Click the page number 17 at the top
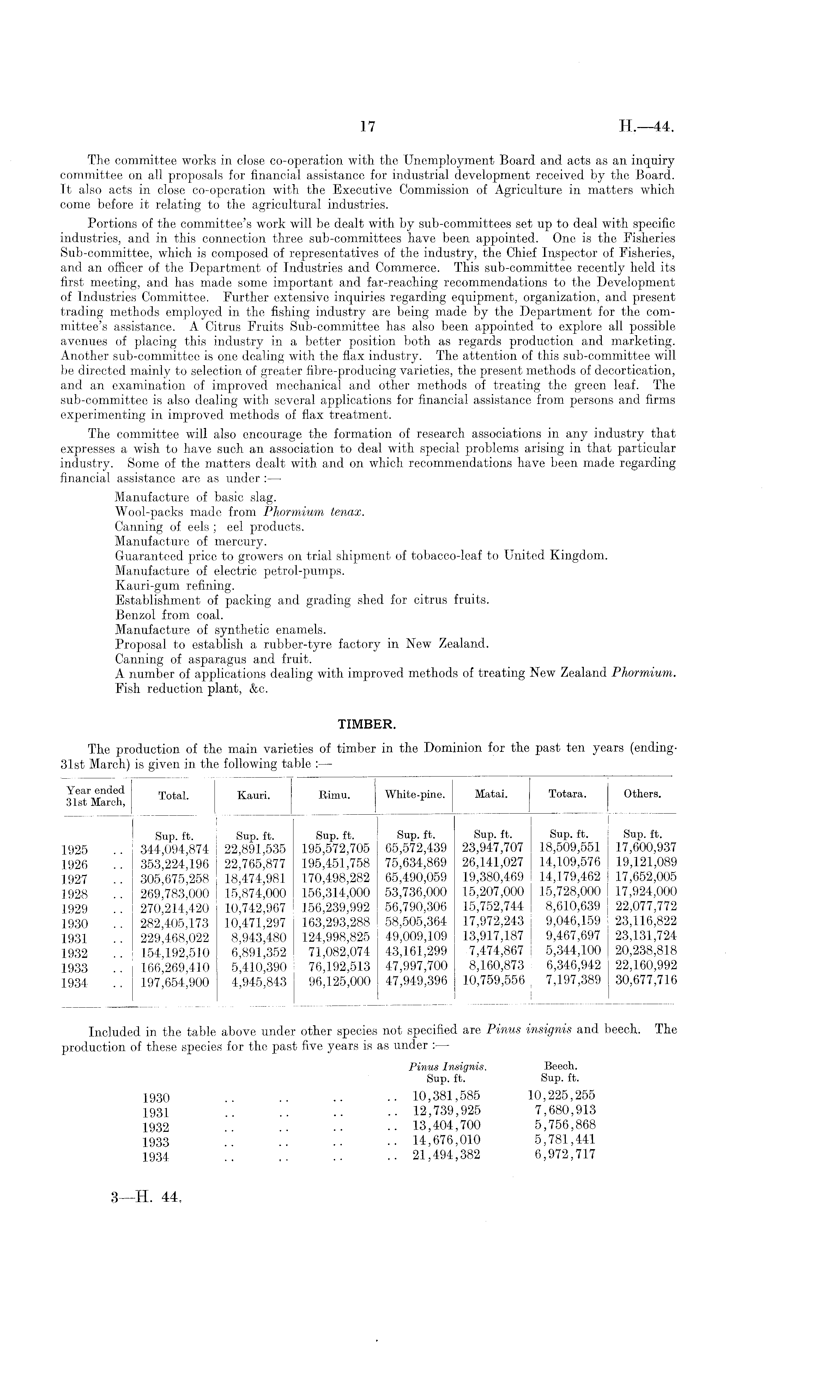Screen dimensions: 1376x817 pyautogui.click(x=367, y=127)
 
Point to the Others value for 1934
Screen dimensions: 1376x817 pyautogui.click(x=645, y=980)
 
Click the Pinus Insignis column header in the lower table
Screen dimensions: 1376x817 pyautogui.click(x=448, y=1067)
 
